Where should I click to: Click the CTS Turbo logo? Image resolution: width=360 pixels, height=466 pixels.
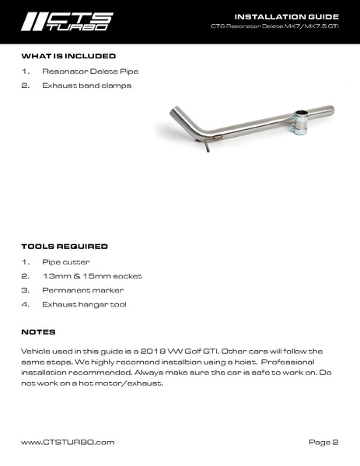(67, 21)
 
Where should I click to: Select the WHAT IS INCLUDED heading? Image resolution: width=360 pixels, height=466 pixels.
(68, 56)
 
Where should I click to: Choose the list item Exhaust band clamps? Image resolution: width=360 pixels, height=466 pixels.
(86, 85)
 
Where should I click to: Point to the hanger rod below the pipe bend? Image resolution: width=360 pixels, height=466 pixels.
(206, 148)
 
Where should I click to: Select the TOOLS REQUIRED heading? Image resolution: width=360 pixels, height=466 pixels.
(64, 247)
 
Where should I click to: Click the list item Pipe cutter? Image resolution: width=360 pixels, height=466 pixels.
(66, 261)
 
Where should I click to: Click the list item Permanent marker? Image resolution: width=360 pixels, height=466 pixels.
(80, 289)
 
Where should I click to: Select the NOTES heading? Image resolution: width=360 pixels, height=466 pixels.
(38, 331)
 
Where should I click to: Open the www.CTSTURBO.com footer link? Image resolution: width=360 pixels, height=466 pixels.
(68, 442)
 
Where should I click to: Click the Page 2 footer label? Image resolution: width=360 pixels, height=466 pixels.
(323, 442)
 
